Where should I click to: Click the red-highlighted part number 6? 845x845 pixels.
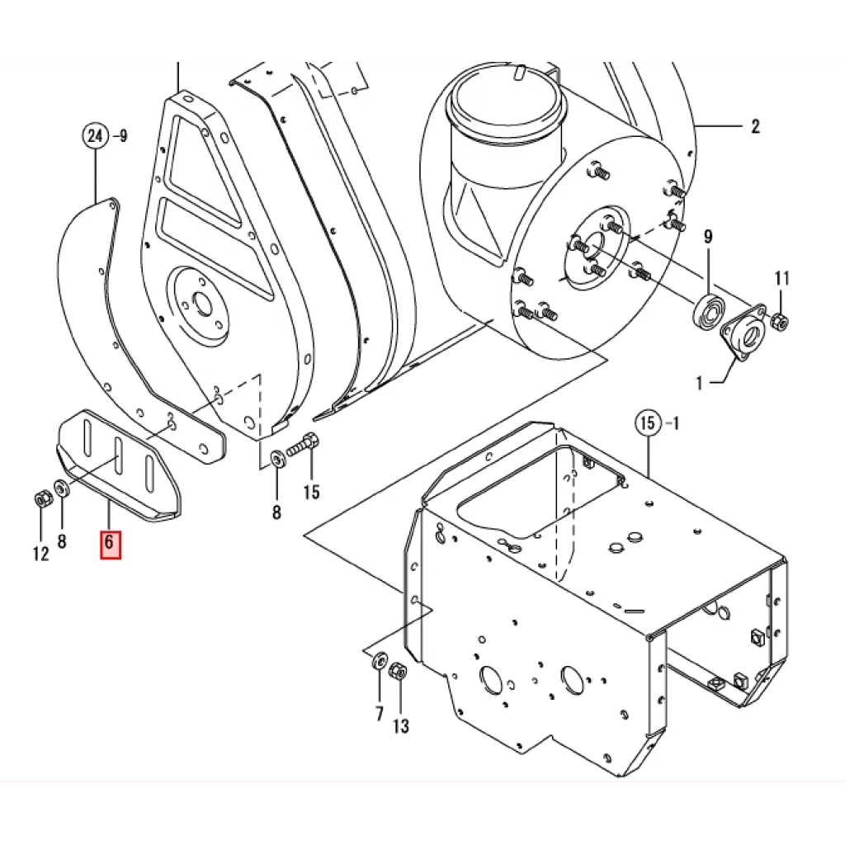point(111,545)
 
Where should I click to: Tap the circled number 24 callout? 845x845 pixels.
point(96,135)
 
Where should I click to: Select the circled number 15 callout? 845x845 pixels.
point(649,423)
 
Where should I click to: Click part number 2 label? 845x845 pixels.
point(755,126)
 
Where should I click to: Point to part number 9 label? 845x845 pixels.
point(708,237)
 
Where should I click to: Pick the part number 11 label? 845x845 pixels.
point(782,279)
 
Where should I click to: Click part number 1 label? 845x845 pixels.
point(700,383)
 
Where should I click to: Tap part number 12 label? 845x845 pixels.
point(41,554)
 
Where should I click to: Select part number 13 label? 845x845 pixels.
point(401,726)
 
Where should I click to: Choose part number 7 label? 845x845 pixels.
point(380,713)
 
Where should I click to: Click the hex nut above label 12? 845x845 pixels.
point(41,498)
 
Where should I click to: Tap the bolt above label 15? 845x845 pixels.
point(302,446)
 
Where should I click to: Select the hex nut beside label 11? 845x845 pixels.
point(779,322)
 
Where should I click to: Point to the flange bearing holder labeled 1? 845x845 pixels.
point(744,333)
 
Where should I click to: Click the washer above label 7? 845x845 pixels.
point(380,659)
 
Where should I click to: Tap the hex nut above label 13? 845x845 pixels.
point(399,672)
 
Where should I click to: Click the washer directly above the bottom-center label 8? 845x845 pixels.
point(278,459)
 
